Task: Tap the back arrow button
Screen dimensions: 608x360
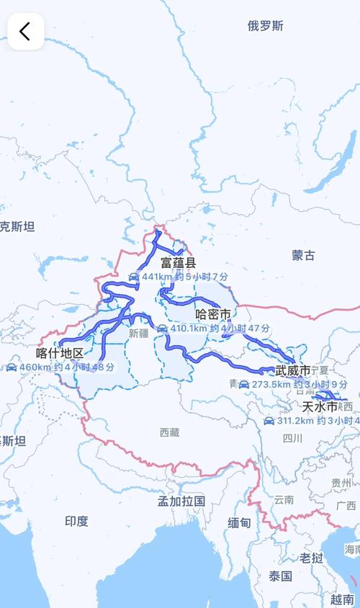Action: click(x=25, y=31)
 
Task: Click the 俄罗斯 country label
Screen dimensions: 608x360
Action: click(x=266, y=26)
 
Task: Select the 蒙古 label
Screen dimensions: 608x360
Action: click(x=303, y=255)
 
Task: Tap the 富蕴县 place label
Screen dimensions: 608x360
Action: click(x=178, y=263)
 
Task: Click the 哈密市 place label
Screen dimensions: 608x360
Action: click(x=213, y=315)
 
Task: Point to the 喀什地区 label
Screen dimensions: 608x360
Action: click(x=60, y=354)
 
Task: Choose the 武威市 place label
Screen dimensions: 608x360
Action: click(x=293, y=371)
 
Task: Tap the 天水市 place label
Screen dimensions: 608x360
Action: click(x=320, y=407)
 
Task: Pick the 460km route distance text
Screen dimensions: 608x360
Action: click(x=36, y=367)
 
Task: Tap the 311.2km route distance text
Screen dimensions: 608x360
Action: click(x=297, y=421)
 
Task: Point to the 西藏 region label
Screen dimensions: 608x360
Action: click(x=170, y=432)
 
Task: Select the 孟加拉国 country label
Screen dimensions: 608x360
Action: click(x=181, y=500)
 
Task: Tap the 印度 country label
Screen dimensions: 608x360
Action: click(x=76, y=521)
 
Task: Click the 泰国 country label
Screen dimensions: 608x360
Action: click(x=280, y=576)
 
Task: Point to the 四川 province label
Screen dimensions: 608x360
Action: click(x=292, y=438)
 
